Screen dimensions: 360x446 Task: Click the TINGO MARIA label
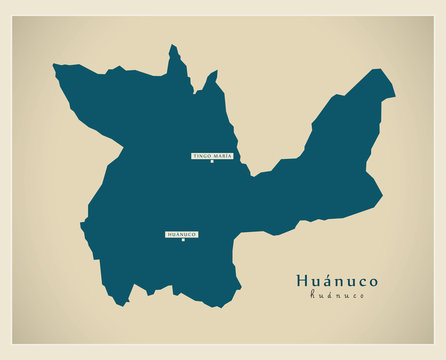(x=212, y=156)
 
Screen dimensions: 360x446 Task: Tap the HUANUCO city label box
(x=182, y=234)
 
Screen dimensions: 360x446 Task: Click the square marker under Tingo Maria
(x=212, y=162)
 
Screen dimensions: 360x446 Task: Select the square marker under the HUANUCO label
(x=182, y=240)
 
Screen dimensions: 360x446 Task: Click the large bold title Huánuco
(x=337, y=280)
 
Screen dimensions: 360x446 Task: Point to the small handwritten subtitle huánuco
(x=337, y=295)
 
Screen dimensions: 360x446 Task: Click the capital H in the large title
(x=302, y=280)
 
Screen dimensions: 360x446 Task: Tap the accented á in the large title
(x=329, y=280)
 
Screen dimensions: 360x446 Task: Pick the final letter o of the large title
(x=373, y=281)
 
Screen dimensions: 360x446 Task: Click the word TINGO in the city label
(x=202, y=156)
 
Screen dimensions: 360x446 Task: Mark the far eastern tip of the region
(x=394, y=97)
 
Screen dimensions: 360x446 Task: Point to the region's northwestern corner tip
(x=55, y=67)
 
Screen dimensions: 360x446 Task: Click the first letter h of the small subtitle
(x=312, y=295)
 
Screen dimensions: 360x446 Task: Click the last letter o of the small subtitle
(x=362, y=296)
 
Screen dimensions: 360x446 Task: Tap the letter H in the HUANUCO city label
(x=169, y=234)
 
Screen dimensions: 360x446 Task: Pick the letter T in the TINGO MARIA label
(x=194, y=156)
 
